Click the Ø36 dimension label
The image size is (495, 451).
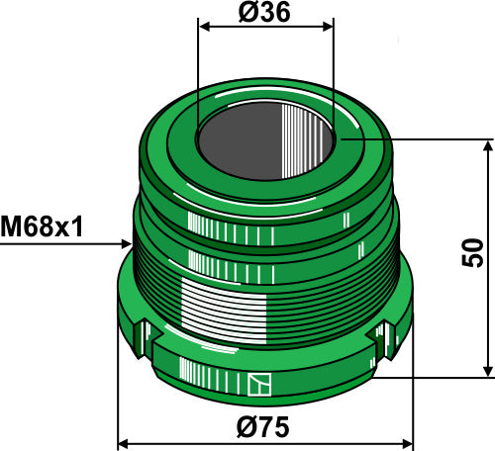[x=264, y=13]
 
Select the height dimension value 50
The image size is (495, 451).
[x=473, y=254]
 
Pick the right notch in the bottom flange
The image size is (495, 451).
[x=380, y=343]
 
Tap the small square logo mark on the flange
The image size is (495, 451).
[x=261, y=385]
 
